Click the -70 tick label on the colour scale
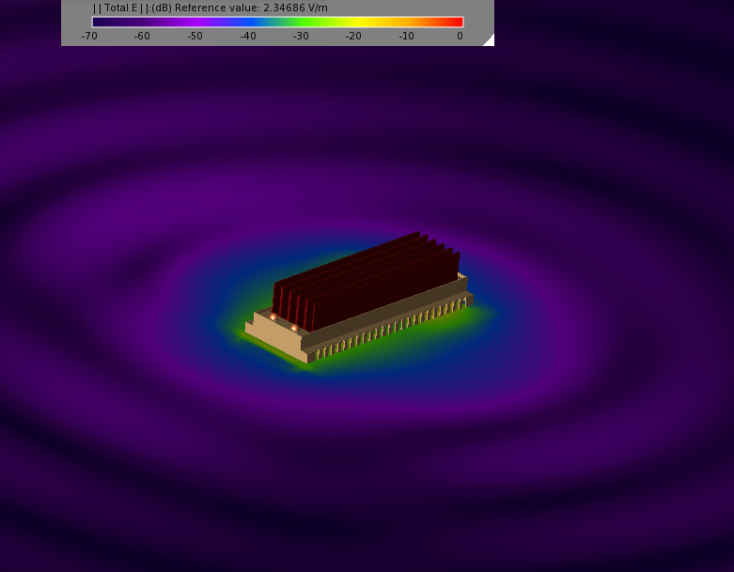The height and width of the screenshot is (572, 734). coord(89,36)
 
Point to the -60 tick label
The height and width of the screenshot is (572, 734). coord(142,36)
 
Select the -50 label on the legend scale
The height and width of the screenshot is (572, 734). coord(195,36)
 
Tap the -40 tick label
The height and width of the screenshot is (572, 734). coord(248,36)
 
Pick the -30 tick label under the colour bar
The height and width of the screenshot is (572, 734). coord(301,36)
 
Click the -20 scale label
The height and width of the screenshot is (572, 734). coord(353,36)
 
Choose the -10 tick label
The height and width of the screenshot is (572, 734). coord(406,36)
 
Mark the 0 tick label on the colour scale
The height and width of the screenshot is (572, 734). coord(461,36)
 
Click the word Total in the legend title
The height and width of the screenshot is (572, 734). coord(117,8)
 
